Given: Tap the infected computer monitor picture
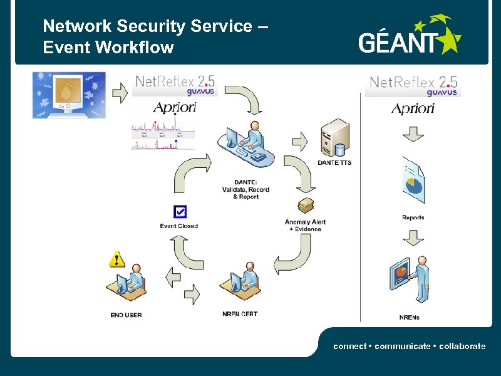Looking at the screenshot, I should [x=69, y=95].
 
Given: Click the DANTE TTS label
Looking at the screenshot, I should [x=334, y=163].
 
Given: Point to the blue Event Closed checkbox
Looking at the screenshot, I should [x=180, y=212].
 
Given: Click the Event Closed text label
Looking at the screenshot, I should [x=178, y=226].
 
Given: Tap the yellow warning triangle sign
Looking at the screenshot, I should [x=116, y=258].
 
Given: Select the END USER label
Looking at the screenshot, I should [x=126, y=315].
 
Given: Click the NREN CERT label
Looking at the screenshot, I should [x=239, y=314].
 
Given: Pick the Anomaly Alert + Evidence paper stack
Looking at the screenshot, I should [x=306, y=206].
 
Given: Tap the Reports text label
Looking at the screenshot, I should [x=413, y=217].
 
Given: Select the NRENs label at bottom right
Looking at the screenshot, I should [x=409, y=318].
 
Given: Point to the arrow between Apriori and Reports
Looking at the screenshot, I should [x=412, y=133].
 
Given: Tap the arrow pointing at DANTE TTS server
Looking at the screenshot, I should [x=300, y=141].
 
